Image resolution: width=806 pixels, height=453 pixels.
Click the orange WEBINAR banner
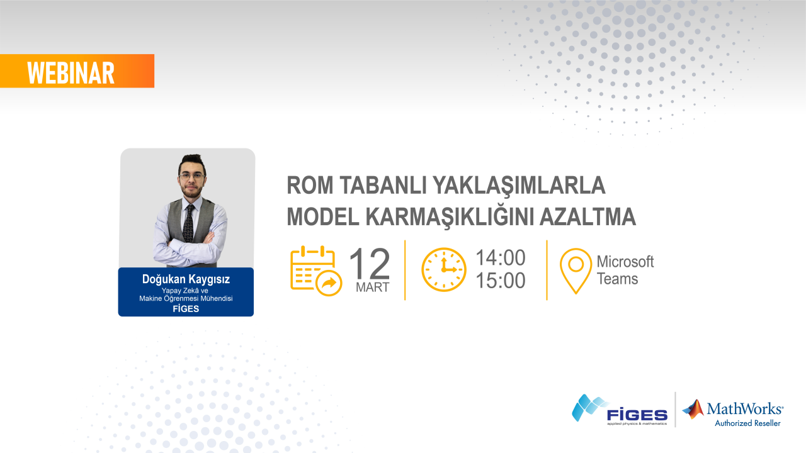[77, 71]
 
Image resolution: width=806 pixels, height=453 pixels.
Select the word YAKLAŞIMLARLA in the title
[522, 186]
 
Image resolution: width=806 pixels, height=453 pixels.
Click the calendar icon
[315, 270]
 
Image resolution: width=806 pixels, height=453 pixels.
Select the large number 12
[370, 264]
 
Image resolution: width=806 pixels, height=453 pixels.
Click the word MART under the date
[372, 288]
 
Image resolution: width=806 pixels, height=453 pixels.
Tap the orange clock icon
[444, 269]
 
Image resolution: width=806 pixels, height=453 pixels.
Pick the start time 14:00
[500, 257]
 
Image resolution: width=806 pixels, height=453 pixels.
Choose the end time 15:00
[500, 281]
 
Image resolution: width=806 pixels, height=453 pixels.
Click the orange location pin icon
[576, 271]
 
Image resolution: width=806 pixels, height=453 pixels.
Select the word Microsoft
[625, 261]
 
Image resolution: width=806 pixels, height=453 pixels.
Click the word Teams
[617, 279]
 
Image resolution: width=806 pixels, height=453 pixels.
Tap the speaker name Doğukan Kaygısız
[186, 279]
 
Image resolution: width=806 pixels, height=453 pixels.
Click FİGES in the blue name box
[186, 308]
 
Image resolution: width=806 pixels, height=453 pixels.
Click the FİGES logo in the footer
[620, 410]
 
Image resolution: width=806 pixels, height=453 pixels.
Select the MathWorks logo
[734, 408]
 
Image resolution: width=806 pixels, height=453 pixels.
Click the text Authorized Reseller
[747, 423]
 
